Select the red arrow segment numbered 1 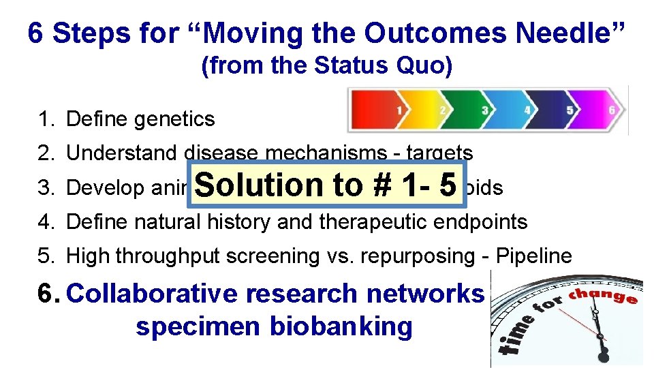[381, 110]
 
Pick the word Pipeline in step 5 [534, 256]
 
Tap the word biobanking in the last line [342, 326]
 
